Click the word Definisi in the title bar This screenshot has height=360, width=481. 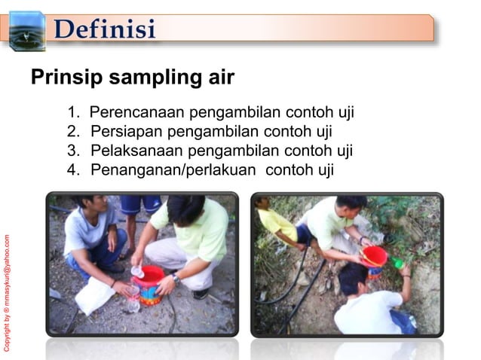click(106, 29)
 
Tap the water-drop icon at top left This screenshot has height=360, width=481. click(26, 31)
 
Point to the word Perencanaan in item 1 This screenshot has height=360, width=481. click(137, 114)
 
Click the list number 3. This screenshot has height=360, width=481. click(72, 151)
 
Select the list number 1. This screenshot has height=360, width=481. click(72, 114)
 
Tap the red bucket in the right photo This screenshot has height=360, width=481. click(374, 258)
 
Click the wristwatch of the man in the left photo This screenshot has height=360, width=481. click(175, 278)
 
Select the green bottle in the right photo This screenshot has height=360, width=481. click(397, 263)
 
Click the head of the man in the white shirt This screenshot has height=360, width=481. click(353, 278)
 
